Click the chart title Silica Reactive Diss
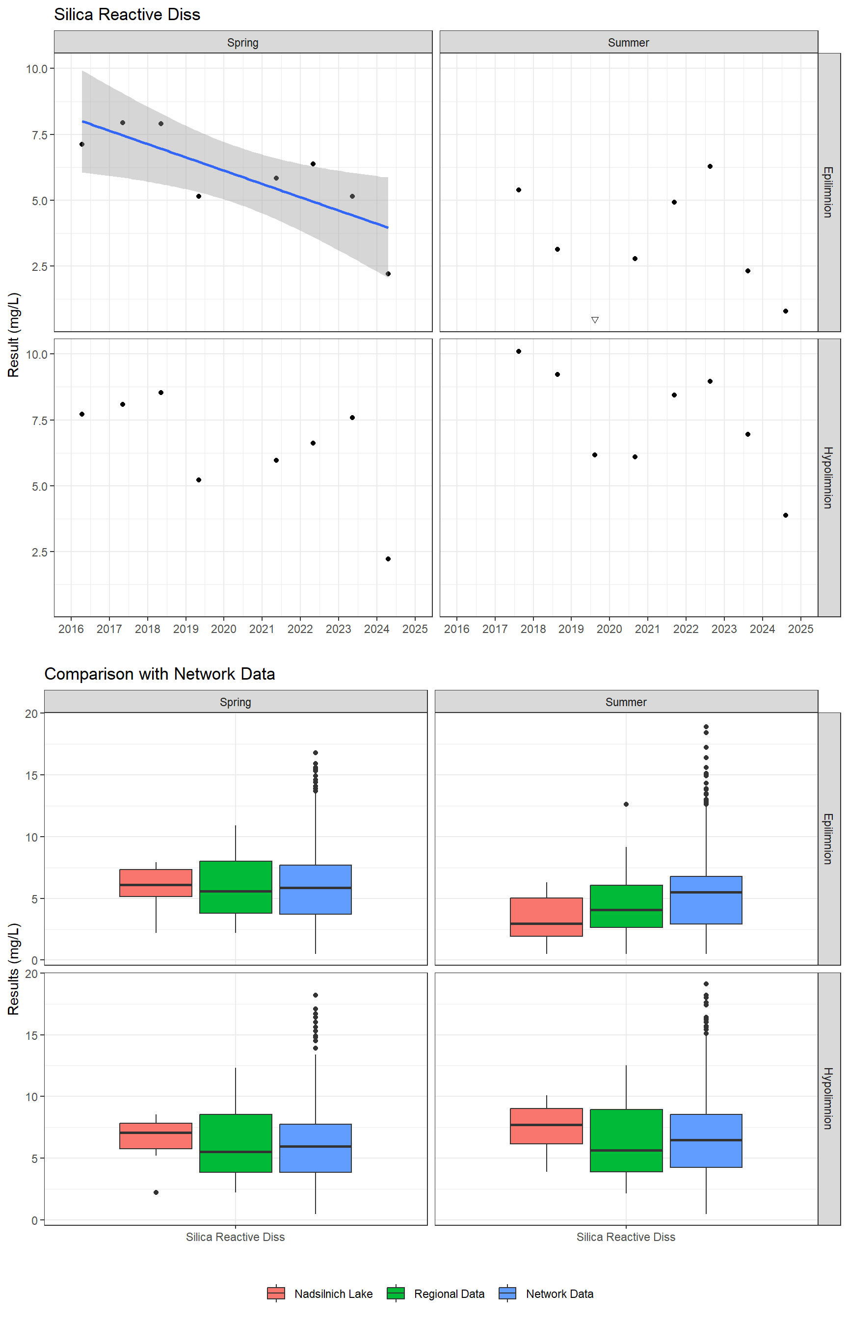click(127, 15)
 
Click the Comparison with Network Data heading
click(159, 674)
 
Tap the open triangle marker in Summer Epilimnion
click(595, 320)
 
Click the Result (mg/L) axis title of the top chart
click(14, 335)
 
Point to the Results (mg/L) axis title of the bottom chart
click(14, 969)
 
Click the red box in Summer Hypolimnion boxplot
click(546, 1126)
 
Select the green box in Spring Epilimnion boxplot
click(236, 887)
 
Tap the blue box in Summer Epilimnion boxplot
click(706, 900)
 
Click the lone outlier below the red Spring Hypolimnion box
click(156, 1192)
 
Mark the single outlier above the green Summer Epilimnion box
click(626, 804)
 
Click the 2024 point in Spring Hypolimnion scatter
click(388, 559)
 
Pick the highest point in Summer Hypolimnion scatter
click(519, 351)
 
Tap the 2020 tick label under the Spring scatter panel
click(224, 629)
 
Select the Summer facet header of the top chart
click(628, 42)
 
